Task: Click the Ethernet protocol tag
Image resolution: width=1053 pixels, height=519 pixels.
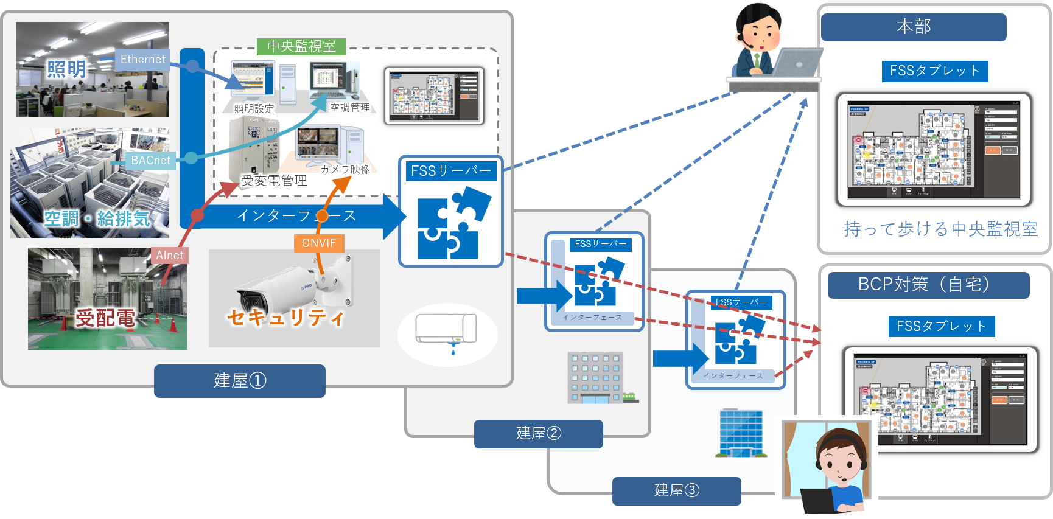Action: (x=142, y=60)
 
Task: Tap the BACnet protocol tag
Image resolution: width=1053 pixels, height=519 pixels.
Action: (x=150, y=161)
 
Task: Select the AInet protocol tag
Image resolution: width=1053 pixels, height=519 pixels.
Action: (x=169, y=256)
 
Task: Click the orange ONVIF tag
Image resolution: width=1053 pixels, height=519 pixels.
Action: (x=318, y=243)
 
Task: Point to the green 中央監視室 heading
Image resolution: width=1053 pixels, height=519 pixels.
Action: (x=301, y=46)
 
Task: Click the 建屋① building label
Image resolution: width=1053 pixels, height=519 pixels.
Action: (x=239, y=381)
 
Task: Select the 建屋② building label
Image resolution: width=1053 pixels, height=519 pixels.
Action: (x=538, y=434)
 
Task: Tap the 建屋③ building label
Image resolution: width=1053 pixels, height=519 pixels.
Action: (x=676, y=491)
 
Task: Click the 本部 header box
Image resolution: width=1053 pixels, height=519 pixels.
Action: (x=913, y=27)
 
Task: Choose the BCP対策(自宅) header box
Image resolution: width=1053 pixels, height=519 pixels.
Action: (x=928, y=285)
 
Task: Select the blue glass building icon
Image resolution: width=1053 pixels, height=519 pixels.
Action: (x=741, y=433)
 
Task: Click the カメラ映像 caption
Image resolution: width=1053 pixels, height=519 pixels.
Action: (x=345, y=170)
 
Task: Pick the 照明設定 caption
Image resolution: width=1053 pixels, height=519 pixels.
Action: (x=254, y=109)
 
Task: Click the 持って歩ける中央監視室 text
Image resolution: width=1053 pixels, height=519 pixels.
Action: (x=940, y=229)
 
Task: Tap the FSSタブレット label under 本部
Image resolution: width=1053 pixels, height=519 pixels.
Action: (x=934, y=71)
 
